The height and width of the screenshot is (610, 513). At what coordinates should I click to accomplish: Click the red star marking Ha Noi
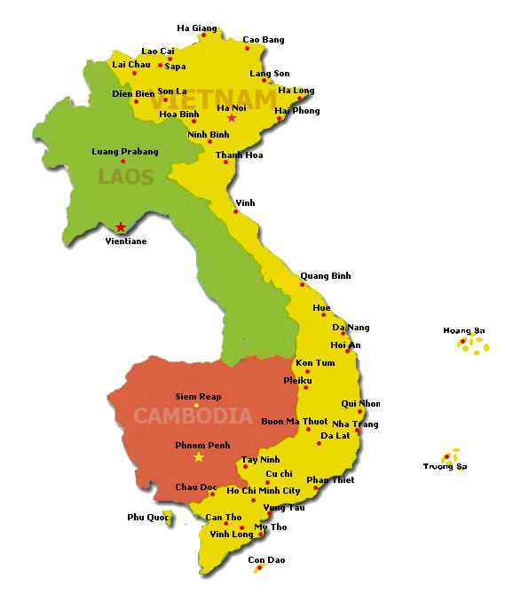232,118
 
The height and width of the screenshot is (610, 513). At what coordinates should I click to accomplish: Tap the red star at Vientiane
121,227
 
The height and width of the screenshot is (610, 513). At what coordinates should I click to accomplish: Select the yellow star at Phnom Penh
199,457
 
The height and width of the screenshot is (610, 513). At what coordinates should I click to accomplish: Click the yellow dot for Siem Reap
197,406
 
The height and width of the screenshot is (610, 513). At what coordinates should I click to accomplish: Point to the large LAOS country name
126,177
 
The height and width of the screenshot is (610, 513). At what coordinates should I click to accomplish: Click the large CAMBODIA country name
193,416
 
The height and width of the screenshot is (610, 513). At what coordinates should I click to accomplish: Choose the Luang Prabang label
125,151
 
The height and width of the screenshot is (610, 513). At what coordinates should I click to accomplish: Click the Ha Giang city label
197,28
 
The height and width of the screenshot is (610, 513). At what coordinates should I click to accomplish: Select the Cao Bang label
264,40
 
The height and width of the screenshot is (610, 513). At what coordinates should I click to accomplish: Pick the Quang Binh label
325,276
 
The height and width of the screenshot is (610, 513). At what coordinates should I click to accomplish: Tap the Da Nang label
351,328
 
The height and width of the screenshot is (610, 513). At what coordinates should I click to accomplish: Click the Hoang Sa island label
464,331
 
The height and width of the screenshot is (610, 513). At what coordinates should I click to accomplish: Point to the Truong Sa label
444,467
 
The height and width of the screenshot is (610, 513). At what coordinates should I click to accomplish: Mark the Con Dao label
266,560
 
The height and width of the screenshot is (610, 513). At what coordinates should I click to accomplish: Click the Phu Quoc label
147,517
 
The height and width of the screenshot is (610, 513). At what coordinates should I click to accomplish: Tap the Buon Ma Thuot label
296,421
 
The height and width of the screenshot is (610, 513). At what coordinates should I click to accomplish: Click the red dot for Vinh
236,211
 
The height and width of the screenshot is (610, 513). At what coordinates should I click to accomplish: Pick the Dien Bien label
133,93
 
